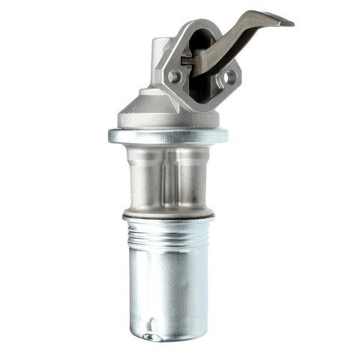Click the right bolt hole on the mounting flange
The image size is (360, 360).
229,76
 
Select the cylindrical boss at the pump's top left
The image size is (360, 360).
160,52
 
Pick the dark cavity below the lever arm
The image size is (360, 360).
203,88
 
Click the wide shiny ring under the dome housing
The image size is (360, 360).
167,136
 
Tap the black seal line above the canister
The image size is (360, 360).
168,217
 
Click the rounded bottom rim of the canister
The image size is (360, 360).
168,336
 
